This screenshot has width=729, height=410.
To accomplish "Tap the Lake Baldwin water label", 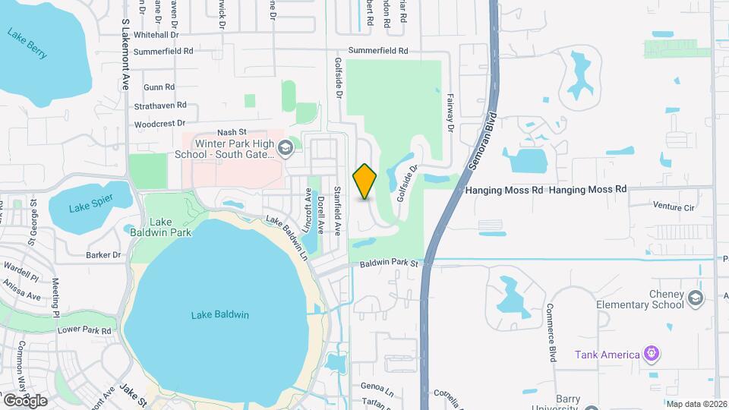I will [x=220, y=314].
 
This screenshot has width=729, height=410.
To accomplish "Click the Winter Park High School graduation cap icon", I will [x=286, y=148].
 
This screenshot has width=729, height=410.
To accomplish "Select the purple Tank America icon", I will [x=650, y=353].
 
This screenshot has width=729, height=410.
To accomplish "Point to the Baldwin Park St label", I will [x=390, y=263].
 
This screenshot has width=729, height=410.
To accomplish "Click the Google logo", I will [x=25, y=400].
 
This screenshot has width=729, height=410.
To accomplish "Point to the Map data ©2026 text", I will [x=696, y=404].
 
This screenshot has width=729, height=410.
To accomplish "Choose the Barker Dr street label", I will [x=104, y=255].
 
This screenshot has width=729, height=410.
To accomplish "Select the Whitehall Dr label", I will [x=156, y=35].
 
